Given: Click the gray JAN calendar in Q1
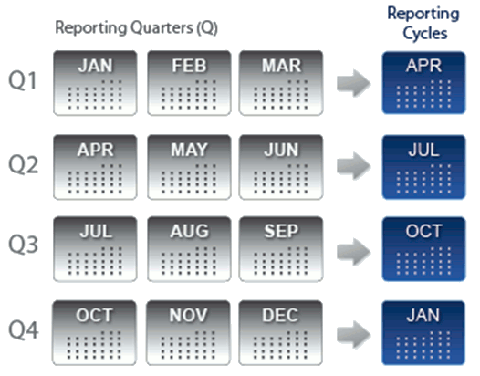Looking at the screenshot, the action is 95,83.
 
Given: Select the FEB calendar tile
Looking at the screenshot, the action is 189,83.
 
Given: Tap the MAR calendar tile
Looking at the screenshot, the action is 281,83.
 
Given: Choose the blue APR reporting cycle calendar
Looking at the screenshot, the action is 424,83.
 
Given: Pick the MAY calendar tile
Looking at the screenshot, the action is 189,167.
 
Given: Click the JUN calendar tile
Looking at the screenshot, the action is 281,167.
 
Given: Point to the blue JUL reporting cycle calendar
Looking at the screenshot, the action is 424,167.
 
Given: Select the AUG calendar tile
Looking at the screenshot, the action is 189,249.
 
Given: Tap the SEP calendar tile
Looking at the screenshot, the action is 281,249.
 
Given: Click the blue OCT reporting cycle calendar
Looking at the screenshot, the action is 424,249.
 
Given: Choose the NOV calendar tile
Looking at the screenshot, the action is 188,333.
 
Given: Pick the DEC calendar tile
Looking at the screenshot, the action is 280,333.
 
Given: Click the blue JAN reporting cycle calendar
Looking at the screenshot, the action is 423,333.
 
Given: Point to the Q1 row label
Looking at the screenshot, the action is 23,81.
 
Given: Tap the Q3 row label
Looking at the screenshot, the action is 23,245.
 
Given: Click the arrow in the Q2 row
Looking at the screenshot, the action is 354,166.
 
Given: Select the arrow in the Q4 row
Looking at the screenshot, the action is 354,335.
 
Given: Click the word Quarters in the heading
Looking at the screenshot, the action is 162,28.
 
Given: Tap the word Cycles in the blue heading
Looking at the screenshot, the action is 425,34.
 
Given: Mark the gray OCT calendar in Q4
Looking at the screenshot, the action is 94,333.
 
